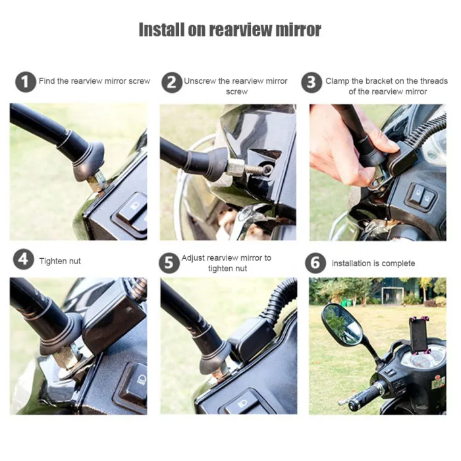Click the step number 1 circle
[26, 82]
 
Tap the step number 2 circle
[172, 82]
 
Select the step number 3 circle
[312, 82]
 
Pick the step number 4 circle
[24, 259]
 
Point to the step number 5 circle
[169, 263]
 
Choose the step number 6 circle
[315, 263]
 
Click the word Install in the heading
[161, 30]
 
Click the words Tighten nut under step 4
[60, 261]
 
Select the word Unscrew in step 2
[200, 81]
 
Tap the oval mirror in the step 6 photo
[342, 325]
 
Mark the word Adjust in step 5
[193, 258]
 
